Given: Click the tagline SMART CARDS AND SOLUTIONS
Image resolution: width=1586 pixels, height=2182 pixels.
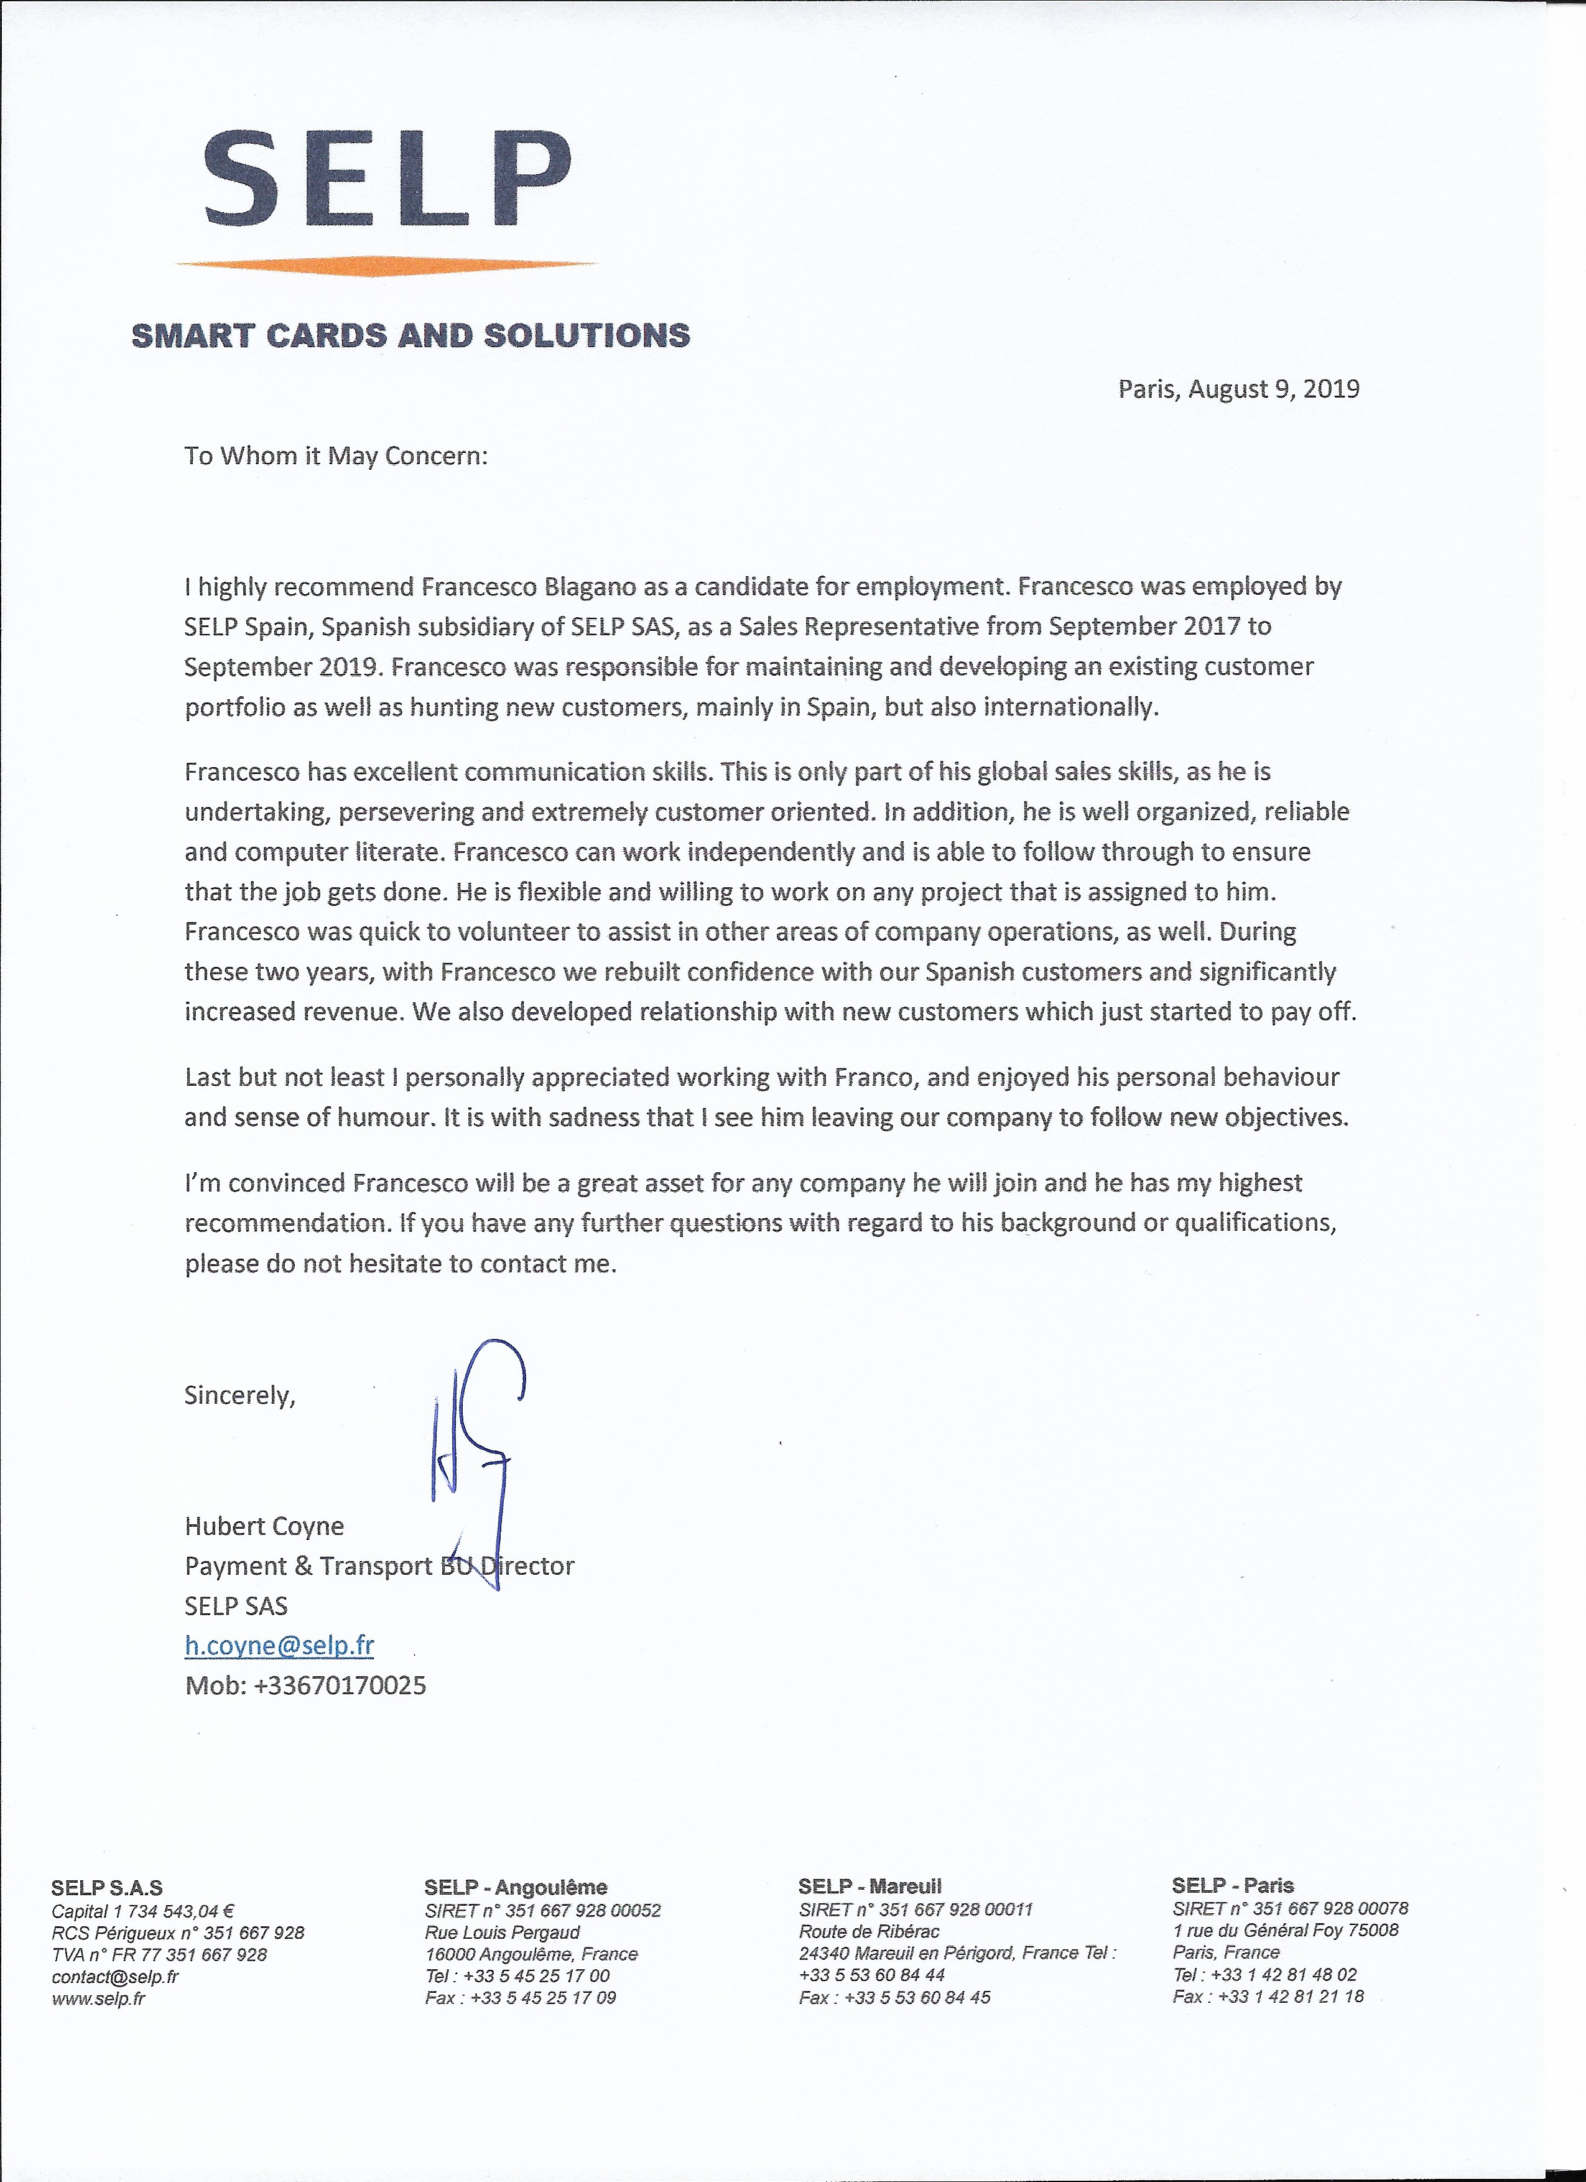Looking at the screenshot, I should point(410,336).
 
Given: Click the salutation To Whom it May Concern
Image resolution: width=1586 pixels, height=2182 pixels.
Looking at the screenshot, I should point(336,456).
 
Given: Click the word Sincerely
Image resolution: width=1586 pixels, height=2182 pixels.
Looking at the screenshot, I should point(239,1395).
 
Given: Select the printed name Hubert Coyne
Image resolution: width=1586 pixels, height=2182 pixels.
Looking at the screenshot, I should point(264,1526).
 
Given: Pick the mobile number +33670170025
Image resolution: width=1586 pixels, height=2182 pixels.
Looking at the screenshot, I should point(340,1685).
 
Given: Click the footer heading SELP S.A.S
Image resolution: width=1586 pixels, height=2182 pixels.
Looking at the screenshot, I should point(107,1888).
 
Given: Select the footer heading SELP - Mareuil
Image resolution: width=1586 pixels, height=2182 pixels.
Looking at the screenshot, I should point(870,1886).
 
